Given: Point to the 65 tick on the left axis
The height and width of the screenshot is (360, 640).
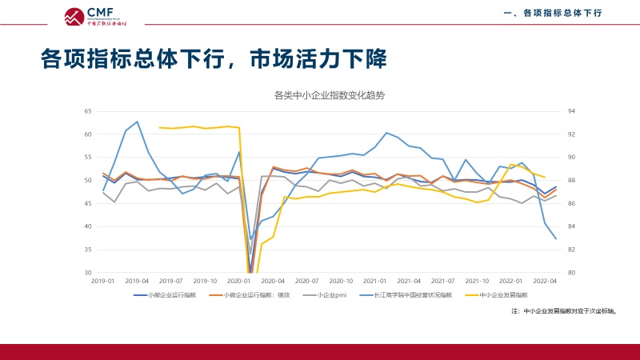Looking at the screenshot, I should click(88, 111).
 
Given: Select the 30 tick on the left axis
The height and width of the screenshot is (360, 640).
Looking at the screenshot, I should click(88, 273).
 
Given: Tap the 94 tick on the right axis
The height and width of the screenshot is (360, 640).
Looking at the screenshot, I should click(571, 111).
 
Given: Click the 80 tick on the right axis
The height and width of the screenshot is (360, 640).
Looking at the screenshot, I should click(571, 273).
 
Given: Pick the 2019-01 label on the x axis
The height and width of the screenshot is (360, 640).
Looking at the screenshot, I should click(103, 282).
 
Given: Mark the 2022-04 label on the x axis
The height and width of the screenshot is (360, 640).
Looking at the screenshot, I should click(546, 282).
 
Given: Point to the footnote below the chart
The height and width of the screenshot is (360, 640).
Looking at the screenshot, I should click(568, 310).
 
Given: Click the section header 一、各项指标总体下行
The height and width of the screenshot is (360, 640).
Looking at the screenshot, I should click(552, 14).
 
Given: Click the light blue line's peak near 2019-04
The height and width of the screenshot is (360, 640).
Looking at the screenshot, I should click(138, 122).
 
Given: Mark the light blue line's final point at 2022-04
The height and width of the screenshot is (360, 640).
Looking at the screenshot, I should click(556, 238).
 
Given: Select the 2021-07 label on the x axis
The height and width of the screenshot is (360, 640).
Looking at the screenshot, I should click(443, 282).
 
